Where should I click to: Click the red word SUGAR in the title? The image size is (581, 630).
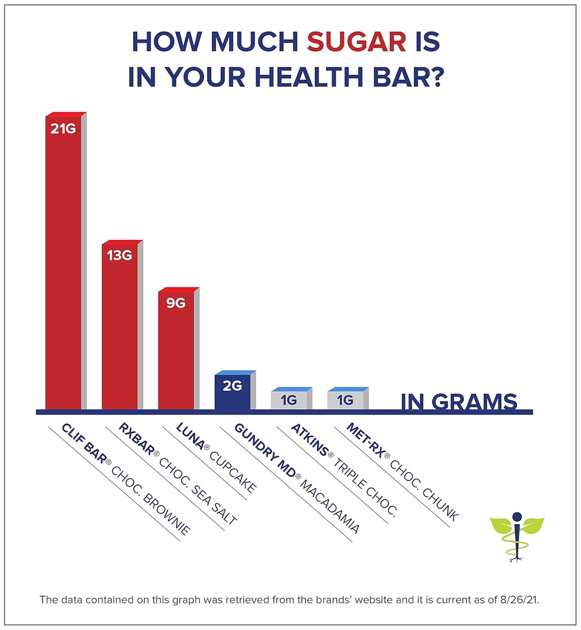(356, 41)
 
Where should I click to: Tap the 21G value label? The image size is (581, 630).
(62, 130)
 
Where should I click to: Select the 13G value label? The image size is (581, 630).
(119, 255)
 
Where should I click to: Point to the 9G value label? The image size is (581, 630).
(175, 302)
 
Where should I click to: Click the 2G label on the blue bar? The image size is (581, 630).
(232, 386)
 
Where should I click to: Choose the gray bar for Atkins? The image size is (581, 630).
(288, 400)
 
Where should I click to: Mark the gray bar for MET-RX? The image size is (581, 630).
(345, 400)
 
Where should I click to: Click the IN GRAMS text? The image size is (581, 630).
(459, 401)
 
